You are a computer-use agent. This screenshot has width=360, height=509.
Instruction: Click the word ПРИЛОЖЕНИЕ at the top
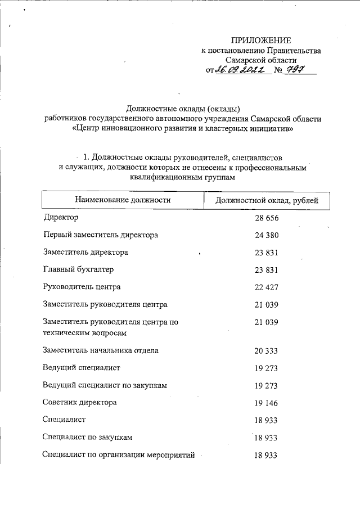(x=262, y=40)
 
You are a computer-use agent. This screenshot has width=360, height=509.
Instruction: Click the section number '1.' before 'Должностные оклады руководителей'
(x=86, y=157)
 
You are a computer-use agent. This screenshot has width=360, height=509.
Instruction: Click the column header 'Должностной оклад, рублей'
(x=267, y=200)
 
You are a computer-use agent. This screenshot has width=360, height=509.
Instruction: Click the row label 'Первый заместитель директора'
(x=101, y=235)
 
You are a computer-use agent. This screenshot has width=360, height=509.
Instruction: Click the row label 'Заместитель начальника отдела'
(x=101, y=350)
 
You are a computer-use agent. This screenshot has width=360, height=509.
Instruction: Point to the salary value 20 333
(x=267, y=351)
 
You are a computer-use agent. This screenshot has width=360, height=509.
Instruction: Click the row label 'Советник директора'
(x=80, y=403)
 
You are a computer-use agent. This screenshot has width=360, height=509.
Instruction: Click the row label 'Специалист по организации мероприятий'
(x=119, y=455)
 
